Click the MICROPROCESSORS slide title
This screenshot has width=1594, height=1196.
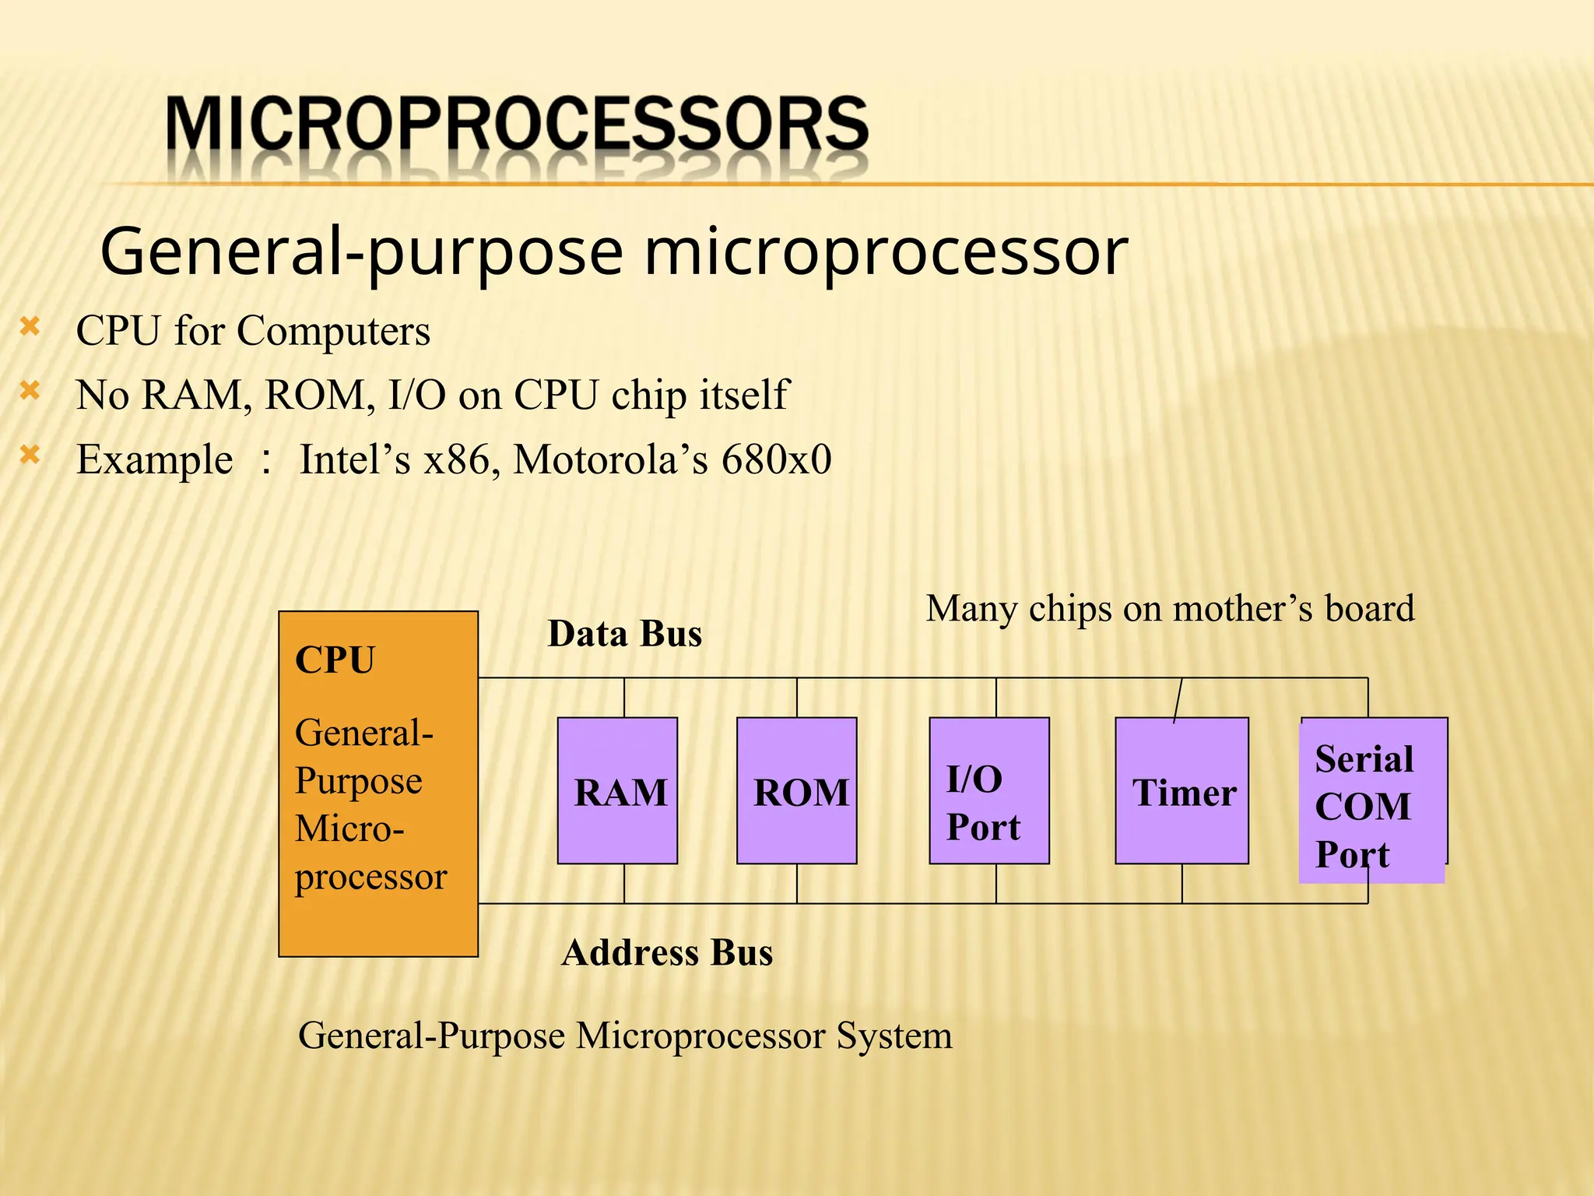[517, 125]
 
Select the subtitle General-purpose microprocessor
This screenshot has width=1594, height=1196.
[614, 252]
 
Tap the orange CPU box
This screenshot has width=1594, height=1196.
[378, 783]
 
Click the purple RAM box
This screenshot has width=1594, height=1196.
[617, 790]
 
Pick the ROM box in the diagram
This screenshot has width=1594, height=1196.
[796, 790]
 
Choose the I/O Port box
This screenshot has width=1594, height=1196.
[988, 790]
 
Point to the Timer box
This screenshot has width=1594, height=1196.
[1181, 790]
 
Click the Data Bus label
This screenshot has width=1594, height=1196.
[625, 634]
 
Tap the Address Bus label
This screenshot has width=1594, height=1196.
[667, 953]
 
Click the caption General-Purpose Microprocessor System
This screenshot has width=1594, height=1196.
[625, 1036]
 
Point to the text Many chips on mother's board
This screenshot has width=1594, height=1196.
[1170, 609]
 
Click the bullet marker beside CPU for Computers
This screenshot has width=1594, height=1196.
[30, 326]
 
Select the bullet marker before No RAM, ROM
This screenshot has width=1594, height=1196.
[30, 390]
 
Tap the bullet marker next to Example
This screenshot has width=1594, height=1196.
[30, 454]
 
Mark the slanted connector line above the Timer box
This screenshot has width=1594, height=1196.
[1178, 700]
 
